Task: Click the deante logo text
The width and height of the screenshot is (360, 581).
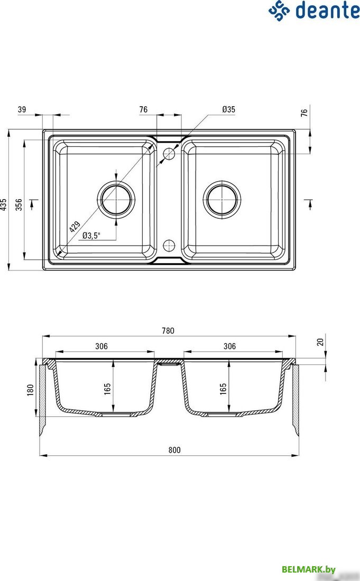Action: (326, 10)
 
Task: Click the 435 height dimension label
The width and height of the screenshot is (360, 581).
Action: (4, 204)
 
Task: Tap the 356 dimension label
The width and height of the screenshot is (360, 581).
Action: (19, 204)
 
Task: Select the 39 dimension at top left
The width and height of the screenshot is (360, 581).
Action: (22, 109)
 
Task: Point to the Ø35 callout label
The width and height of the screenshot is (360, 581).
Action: (228, 109)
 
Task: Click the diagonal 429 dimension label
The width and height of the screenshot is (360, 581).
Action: (75, 227)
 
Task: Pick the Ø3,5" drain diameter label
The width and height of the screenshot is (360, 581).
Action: (91, 236)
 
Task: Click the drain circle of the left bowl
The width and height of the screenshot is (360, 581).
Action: (116, 200)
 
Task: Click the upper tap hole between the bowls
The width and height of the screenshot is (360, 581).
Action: (169, 154)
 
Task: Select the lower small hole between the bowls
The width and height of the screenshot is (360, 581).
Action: (169, 245)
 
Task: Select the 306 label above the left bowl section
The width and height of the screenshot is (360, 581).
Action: (101, 346)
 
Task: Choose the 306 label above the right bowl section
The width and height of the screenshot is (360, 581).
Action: (229, 346)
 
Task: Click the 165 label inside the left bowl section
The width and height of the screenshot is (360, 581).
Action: (107, 389)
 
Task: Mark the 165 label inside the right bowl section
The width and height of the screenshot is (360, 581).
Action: (223, 389)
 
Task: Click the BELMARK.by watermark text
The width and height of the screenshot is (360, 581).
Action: (309, 569)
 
